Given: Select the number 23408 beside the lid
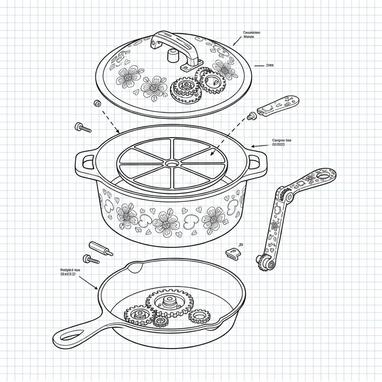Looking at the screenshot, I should (x=269, y=65).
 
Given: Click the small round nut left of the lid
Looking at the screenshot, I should (x=98, y=103).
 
